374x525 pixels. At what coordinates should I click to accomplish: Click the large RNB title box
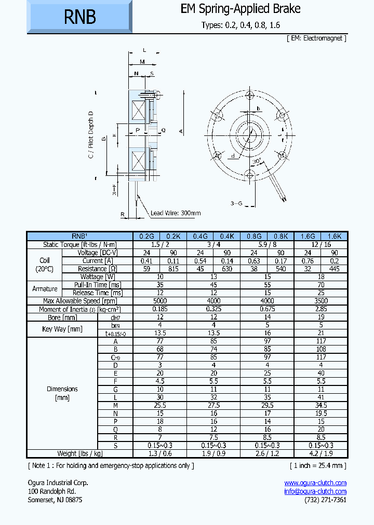[x=79, y=17]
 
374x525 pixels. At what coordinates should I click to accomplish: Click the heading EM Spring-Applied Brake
[x=241, y=9]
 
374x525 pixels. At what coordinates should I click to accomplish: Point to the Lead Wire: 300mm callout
[x=176, y=213]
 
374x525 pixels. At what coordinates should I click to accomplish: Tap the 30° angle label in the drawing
[x=256, y=162]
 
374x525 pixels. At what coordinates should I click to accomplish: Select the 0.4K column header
[x=227, y=237]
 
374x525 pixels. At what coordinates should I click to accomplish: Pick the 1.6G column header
[x=308, y=237]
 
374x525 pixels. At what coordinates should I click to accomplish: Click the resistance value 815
[x=173, y=269]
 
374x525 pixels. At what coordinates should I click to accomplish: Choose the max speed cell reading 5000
[x=160, y=301]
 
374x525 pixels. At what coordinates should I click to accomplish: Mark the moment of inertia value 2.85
[x=320, y=309]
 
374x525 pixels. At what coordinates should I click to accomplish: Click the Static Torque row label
[x=80, y=244]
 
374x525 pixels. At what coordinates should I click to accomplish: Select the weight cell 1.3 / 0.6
[x=160, y=453]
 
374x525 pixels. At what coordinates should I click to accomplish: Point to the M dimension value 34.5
[x=320, y=405]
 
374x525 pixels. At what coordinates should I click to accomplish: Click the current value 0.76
[x=308, y=261]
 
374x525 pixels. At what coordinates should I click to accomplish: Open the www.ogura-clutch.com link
[x=315, y=482]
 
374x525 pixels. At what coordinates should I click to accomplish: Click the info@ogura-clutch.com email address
[x=315, y=491]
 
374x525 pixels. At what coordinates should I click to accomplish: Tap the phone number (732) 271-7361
[x=325, y=500]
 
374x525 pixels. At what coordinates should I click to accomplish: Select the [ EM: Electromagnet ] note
[x=316, y=38]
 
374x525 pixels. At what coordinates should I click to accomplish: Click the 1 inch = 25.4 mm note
[x=317, y=465]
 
